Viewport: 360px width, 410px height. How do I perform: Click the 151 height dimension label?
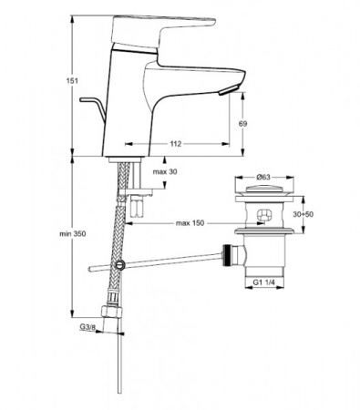(73, 81)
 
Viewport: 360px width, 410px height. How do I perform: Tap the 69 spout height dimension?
(243, 124)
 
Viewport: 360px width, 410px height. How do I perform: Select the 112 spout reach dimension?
(176, 144)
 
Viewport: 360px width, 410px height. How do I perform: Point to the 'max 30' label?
(165, 172)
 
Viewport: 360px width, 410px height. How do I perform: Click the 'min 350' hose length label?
(73, 233)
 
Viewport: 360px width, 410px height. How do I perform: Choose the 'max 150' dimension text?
(190, 223)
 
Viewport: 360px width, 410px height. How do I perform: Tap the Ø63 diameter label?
(263, 177)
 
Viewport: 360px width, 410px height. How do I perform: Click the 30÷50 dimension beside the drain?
(303, 214)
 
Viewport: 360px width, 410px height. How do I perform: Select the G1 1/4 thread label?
(264, 282)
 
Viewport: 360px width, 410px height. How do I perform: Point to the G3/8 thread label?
(87, 327)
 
